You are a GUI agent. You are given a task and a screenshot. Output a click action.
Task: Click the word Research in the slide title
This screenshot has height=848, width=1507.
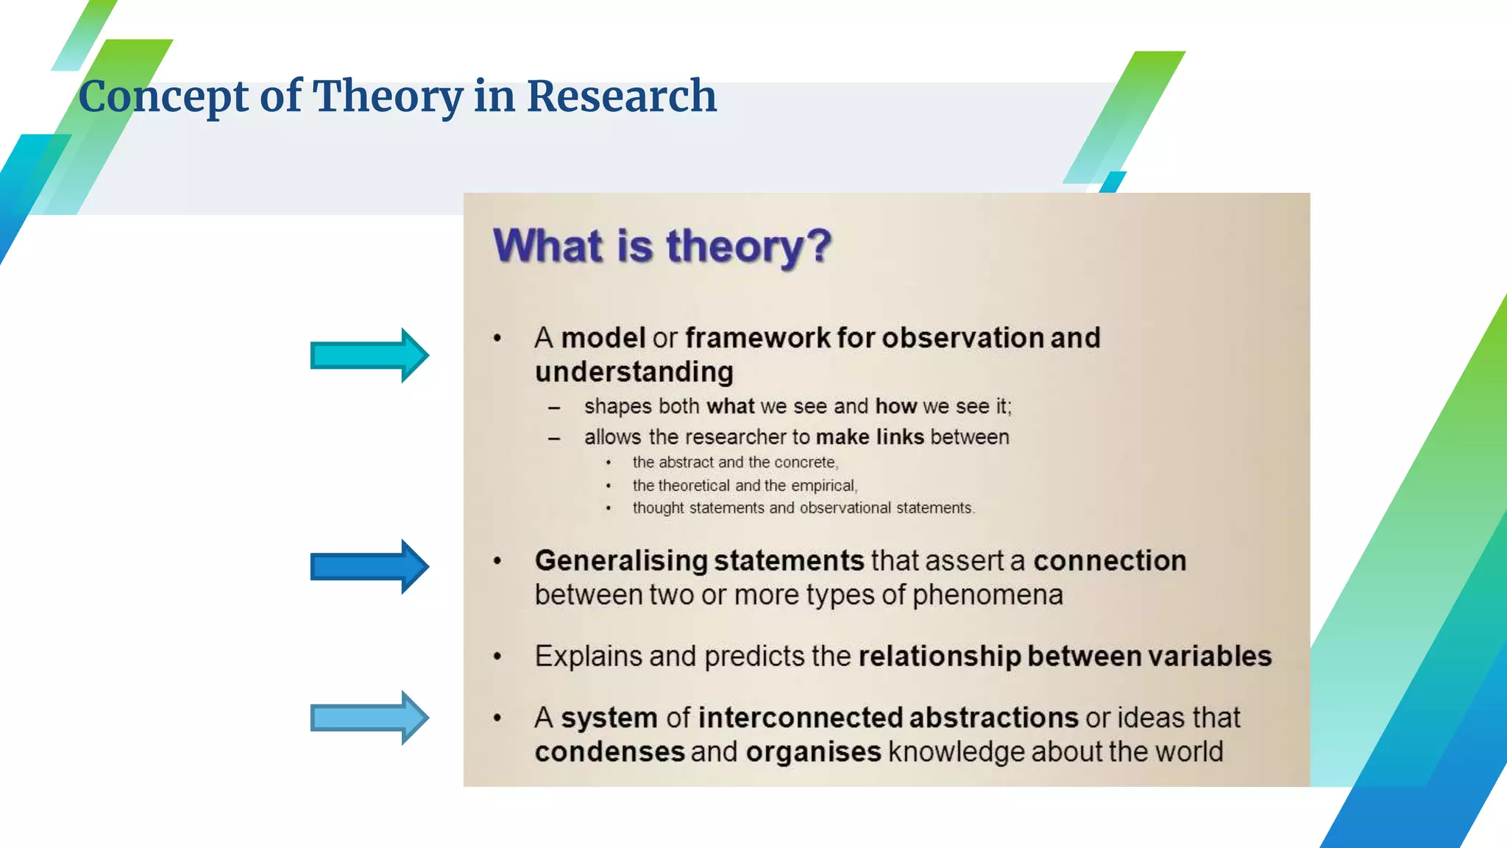621,96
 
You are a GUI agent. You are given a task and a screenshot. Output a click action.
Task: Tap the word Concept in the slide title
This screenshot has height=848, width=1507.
163,96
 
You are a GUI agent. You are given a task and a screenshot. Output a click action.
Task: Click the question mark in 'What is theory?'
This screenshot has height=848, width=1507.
817,246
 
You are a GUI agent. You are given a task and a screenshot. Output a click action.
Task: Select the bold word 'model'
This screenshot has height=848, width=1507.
603,338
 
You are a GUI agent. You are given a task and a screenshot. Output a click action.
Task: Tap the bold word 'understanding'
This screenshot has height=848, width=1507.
634,372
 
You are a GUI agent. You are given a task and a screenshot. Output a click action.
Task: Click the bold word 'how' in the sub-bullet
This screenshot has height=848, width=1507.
896,406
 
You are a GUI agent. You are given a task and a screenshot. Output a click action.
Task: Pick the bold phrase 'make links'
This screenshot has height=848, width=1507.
870,437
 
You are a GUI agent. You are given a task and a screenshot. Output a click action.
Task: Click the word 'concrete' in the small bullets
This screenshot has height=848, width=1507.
805,462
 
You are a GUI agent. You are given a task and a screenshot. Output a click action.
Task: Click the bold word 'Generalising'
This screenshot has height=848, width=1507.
621,562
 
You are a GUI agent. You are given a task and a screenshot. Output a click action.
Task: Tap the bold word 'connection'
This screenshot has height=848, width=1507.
1110,561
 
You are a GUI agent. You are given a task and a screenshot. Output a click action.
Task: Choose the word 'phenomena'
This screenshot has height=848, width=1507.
987,595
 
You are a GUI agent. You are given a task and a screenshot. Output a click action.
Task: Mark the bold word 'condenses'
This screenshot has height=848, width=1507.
609,752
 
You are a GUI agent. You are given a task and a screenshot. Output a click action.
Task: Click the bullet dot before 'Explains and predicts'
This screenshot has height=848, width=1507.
497,656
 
